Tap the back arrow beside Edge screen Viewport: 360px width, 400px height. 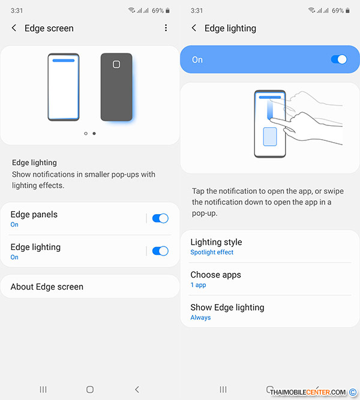tap(14, 28)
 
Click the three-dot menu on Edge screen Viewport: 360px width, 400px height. tap(166, 28)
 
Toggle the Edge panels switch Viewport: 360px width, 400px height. tap(160, 218)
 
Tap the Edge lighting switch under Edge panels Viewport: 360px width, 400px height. tap(160, 251)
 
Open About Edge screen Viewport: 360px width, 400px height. tap(47, 287)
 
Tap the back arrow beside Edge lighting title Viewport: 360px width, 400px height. tap(194, 28)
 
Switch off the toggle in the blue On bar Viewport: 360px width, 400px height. tap(339, 59)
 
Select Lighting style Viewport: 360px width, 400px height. tap(216, 242)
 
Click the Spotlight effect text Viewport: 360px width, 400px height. tap(212, 252)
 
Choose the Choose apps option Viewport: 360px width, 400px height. tap(216, 275)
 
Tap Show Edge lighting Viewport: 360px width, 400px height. tap(227, 308)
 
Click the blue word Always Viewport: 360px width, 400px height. tap(200, 318)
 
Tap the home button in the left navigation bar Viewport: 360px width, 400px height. tap(90, 389)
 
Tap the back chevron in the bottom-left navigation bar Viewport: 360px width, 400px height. tap(137, 389)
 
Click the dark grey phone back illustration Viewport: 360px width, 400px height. tap(116, 87)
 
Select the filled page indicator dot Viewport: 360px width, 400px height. tap(94, 133)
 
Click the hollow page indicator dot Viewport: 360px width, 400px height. tap(86, 133)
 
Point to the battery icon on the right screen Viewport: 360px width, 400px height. tap(347, 10)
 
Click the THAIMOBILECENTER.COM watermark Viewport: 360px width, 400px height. tap(308, 392)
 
